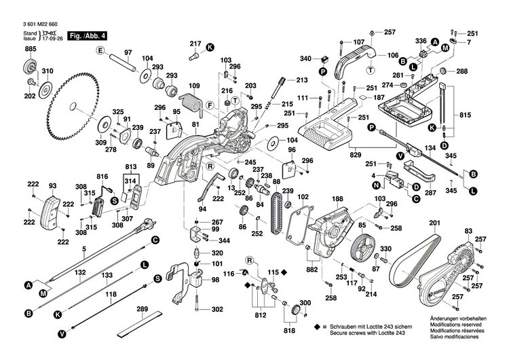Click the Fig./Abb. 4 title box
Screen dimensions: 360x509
[x=88, y=34]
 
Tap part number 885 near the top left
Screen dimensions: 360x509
[x=31, y=49]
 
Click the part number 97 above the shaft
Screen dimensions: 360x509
[x=127, y=52]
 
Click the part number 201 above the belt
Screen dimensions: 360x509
[x=434, y=223]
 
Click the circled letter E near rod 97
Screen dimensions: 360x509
[x=100, y=52]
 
